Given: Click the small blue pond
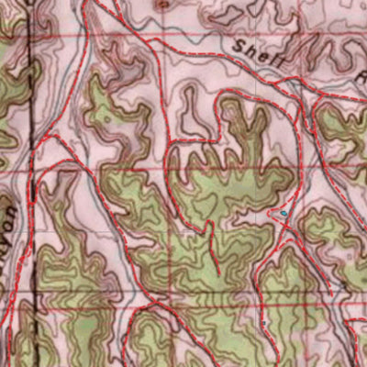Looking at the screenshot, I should tap(284, 212).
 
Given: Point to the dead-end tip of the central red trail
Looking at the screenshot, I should tap(218, 273).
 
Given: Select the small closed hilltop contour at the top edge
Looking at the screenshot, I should tap(163, 5).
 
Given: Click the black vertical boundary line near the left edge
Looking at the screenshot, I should tap(30, 138).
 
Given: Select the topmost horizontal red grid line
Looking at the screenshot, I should tap(183, 37).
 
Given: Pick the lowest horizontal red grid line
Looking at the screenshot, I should tap(183, 302).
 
